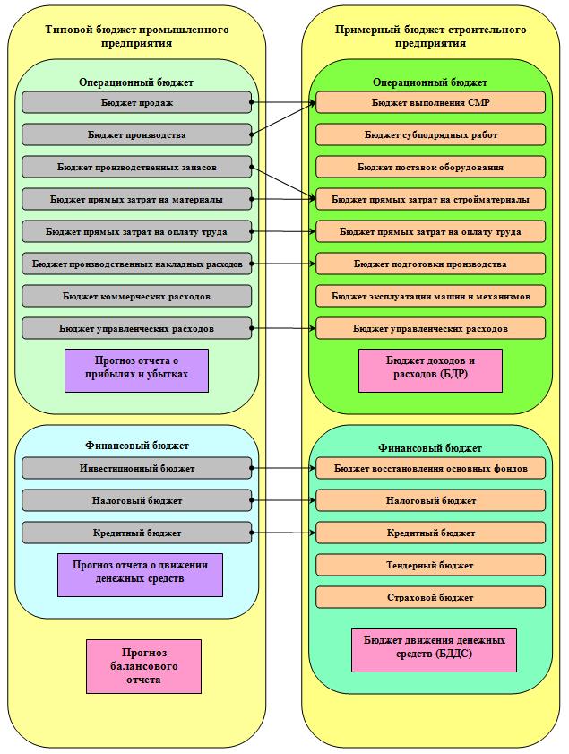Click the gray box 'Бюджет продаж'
click(x=136, y=102)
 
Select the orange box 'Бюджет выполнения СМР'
click(x=431, y=102)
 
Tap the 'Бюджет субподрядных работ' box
click(x=431, y=134)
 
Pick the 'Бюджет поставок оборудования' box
click(x=431, y=167)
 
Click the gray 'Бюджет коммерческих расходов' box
click(x=136, y=296)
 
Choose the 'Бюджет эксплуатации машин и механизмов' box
click(x=431, y=296)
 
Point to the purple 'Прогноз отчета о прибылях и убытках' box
click(x=136, y=371)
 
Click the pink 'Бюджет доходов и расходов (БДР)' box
click(x=431, y=371)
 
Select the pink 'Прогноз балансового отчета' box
click(x=143, y=666)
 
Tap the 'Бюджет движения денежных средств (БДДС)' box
click(x=434, y=650)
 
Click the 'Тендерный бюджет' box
click(x=431, y=565)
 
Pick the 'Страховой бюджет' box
click(x=431, y=597)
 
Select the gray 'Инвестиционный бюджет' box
click(x=136, y=468)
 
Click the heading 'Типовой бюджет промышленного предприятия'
click(x=137, y=36)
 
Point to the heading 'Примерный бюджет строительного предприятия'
click(x=431, y=36)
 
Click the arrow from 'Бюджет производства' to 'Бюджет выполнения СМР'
click(x=283, y=118)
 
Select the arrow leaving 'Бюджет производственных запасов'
click(x=283, y=183)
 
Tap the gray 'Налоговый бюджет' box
click(x=136, y=500)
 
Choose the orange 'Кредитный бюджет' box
click(x=431, y=533)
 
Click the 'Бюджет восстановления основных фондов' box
click(x=431, y=468)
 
